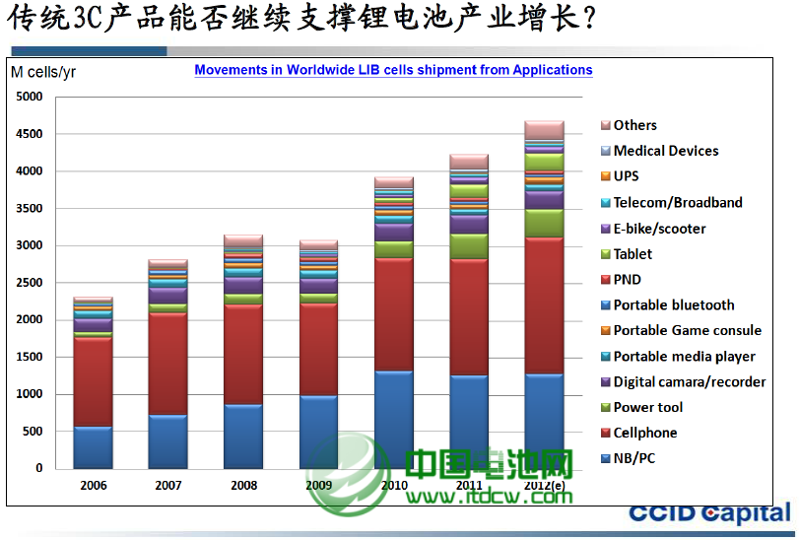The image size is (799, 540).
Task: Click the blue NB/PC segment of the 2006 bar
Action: (93, 447)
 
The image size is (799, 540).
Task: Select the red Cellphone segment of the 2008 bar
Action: (243, 355)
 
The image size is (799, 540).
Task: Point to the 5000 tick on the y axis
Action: (30, 97)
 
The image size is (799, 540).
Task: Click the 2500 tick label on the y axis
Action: (30, 283)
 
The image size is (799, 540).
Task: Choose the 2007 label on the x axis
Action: (168, 486)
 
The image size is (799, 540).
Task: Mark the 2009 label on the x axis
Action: (318, 486)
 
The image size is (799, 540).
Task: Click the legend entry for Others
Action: (634, 125)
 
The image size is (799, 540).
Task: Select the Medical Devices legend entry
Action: (665, 151)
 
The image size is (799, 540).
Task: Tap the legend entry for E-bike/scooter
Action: (659, 229)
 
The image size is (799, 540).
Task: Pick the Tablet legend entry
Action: (633, 254)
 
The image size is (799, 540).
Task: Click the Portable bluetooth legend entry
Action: (673, 305)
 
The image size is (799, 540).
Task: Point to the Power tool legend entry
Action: (647, 407)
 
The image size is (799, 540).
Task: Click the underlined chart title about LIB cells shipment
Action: (393, 70)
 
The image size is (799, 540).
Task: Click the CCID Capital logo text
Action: (709, 512)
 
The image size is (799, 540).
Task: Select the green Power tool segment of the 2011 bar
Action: (469, 246)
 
